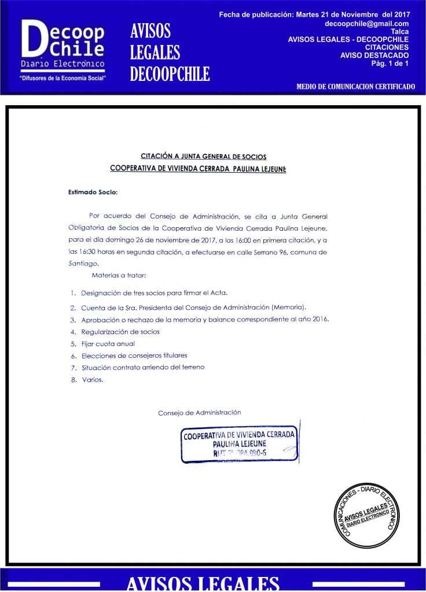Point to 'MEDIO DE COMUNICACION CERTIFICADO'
(x=355, y=87)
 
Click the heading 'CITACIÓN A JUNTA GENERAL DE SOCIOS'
(x=204, y=156)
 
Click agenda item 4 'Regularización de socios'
(x=120, y=332)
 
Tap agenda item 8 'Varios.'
(x=92, y=380)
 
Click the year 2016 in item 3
(x=319, y=319)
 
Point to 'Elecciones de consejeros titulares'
(x=134, y=356)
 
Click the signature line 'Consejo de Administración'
(x=199, y=413)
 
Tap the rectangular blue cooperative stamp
(x=239, y=444)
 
